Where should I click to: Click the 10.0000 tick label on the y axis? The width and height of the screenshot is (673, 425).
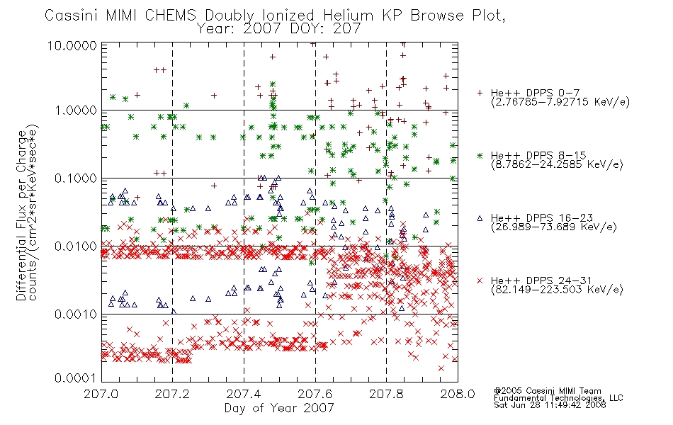pos(72,46)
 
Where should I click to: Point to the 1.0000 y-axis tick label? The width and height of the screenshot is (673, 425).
pos(76,110)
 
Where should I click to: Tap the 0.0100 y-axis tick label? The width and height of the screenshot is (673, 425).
pos(76,246)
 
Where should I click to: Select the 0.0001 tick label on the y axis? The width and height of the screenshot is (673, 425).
pos(76,378)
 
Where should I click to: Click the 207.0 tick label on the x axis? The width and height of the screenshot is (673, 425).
pos(101,394)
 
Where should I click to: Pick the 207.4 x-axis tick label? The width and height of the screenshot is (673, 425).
pos(244,394)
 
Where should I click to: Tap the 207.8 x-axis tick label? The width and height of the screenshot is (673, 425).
pos(386,394)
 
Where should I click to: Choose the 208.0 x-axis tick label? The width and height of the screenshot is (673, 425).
pos(458,394)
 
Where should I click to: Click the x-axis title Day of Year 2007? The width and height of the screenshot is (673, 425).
pos(279,408)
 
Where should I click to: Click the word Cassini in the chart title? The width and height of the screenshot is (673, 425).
pos(72,16)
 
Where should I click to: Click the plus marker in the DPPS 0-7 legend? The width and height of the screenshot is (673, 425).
pos(480,93)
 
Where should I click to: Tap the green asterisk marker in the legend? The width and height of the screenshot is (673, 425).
pos(480,155)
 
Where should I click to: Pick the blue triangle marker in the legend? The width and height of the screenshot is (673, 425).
pos(480,218)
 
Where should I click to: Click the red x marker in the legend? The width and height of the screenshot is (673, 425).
pos(480,280)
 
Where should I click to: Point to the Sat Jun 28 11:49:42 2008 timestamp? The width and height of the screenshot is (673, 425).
pos(550,405)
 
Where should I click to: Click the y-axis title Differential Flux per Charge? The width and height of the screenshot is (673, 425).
pos(21,215)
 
